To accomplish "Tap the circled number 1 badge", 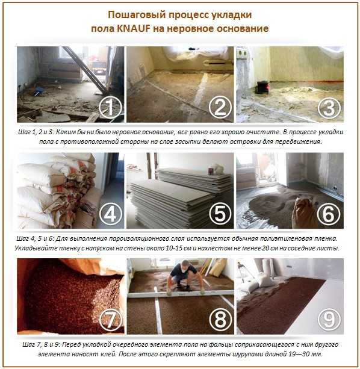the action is click(111, 108).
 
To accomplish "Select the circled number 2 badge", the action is click(220, 107).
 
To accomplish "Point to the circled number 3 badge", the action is click(329, 108).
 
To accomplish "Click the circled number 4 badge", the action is click(111, 214).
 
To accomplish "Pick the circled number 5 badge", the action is click(220, 214).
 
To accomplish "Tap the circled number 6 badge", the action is click(329, 214).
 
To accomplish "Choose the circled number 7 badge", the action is click(111, 320).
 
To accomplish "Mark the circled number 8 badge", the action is click(220, 320).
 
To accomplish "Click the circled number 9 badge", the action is click(329, 320).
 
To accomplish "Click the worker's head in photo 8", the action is click(185, 265).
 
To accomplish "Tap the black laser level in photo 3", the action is click(262, 87).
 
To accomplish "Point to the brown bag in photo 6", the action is click(305, 212).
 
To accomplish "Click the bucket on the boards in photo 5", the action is click(211, 170).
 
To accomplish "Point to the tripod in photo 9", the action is click(242, 270).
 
